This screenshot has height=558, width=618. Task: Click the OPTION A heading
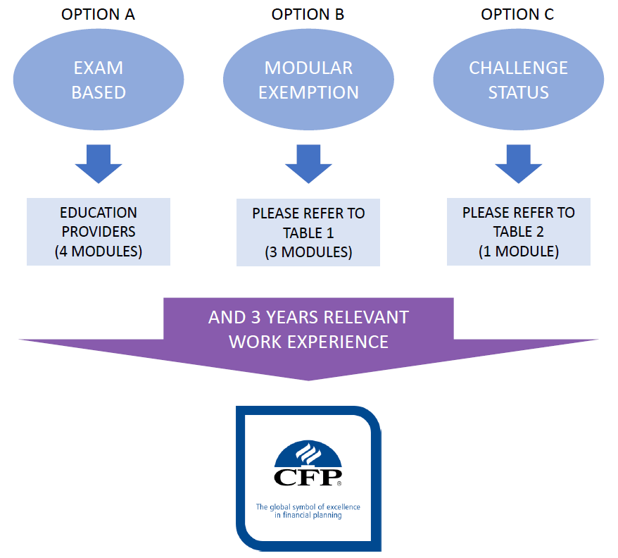[98, 14]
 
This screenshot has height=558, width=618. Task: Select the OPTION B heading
[308, 14]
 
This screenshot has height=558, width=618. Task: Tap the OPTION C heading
[517, 14]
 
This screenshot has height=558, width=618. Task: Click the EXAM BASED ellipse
[99, 80]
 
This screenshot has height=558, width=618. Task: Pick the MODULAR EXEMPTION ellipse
[308, 80]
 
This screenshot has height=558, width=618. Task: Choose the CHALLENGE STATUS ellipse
[519, 80]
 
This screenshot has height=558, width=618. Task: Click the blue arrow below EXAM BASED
[99, 163]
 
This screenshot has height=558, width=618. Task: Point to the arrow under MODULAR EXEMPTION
[308, 163]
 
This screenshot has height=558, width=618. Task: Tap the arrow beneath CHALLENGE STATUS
[519, 163]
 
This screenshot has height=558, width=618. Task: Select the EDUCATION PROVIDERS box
[99, 232]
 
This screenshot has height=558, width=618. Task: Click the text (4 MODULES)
[99, 252]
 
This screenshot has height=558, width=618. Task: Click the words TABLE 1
[308, 232]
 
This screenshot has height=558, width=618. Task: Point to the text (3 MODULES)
[308, 252]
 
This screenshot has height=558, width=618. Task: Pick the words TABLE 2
[518, 232]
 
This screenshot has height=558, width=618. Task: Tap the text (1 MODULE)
[519, 252]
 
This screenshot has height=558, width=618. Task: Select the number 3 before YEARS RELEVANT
[256, 317]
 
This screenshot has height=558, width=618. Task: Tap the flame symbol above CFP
[308, 454]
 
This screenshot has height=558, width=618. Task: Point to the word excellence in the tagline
[343, 507]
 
